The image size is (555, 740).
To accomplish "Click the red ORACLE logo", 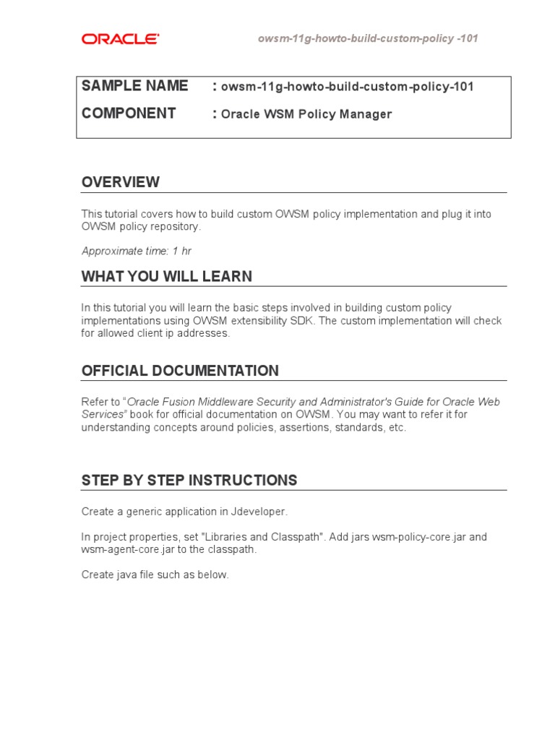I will (120, 39).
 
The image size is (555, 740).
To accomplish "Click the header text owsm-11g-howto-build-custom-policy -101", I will (368, 38).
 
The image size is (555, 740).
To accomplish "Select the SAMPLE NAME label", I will (134, 86).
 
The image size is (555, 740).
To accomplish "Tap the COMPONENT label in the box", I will (129, 113).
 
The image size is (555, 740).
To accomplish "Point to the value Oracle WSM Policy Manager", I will (306, 114).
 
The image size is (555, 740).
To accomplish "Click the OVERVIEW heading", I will (121, 182).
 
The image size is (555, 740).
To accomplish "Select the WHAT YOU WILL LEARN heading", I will (167, 277).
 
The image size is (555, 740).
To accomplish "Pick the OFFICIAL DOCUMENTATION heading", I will (180, 371).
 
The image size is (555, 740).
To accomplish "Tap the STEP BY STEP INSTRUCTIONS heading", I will (189, 481).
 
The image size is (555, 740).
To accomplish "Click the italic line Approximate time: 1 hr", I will (137, 251).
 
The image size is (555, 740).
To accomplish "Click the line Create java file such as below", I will (155, 575).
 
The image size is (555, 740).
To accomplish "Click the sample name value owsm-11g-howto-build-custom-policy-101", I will (348, 87).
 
